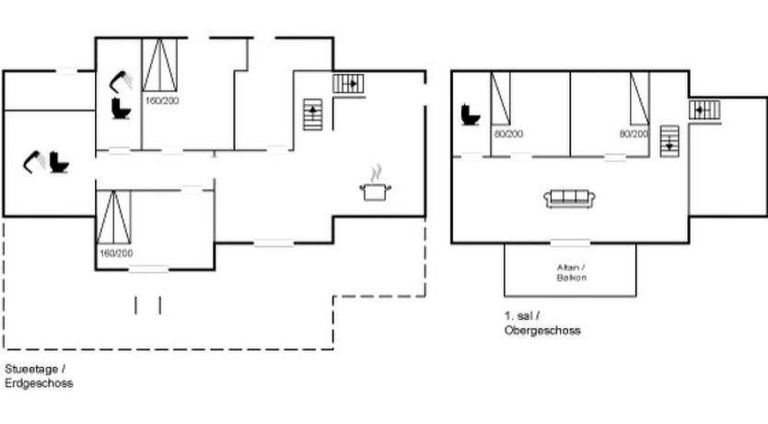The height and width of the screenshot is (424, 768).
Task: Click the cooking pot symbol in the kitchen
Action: [376, 183]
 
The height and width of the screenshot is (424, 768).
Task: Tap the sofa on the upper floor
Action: [570, 198]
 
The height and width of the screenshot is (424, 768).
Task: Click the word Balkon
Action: [572, 277]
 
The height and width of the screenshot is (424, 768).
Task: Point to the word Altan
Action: [568, 267]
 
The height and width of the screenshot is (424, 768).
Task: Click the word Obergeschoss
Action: [542, 330]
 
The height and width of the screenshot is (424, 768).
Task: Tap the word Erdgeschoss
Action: [39, 383]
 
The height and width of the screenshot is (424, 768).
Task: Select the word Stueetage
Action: [32, 369]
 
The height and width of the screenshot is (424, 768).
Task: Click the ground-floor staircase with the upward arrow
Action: [312, 114]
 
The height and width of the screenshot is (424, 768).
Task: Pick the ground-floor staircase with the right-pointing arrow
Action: [348, 83]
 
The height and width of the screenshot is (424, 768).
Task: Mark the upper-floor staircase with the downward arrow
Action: [669, 141]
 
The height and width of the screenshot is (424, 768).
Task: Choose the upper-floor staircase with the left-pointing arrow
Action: [704, 110]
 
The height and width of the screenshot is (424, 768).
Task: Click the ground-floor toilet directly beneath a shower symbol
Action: [121, 109]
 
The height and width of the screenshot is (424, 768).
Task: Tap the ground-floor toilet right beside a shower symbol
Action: [59, 162]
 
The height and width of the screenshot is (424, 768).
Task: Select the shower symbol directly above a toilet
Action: [121, 82]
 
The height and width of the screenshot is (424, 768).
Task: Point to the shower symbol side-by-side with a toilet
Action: [34, 162]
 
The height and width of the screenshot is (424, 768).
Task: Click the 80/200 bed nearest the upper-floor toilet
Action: [501, 98]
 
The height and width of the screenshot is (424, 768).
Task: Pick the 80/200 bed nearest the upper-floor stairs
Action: [640, 98]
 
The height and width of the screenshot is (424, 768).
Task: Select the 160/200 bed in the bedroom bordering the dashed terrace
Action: [113, 218]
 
